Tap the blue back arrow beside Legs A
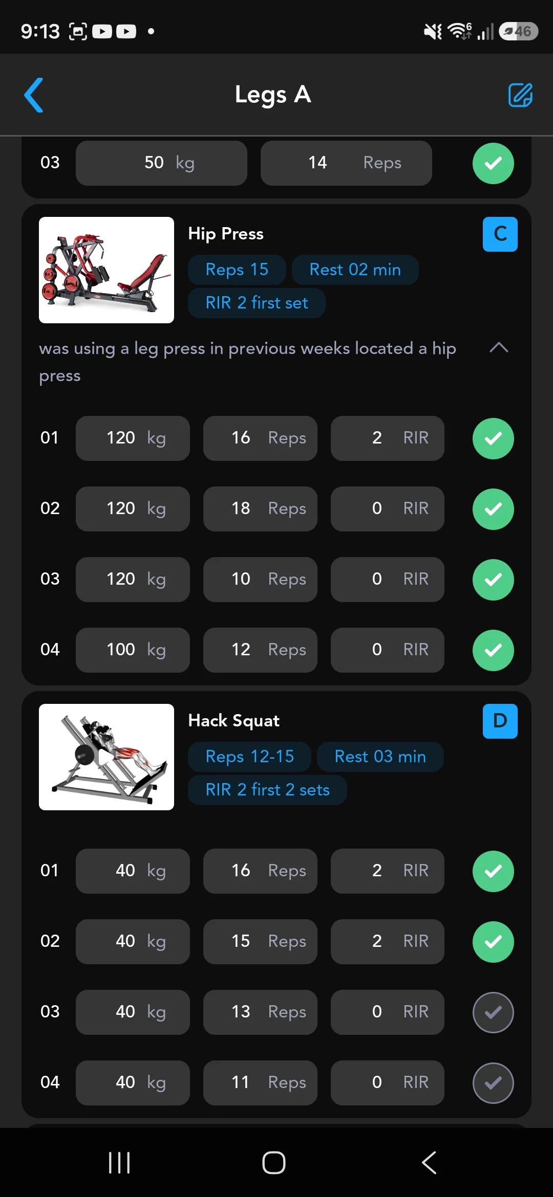34,95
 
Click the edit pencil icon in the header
520,95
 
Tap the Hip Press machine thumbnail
107,270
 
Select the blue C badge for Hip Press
500,234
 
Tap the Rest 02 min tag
355,270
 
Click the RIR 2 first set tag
257,303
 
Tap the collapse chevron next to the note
499,348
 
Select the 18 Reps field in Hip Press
260,509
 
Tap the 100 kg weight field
133,650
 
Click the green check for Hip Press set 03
493,580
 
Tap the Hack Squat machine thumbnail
107,757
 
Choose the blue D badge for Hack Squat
500,721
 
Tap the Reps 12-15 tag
250,757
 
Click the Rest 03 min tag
380,757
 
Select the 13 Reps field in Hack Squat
260,1012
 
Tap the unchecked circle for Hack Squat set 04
493,1083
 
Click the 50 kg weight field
161,163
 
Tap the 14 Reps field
346,163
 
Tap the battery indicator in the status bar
518,31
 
